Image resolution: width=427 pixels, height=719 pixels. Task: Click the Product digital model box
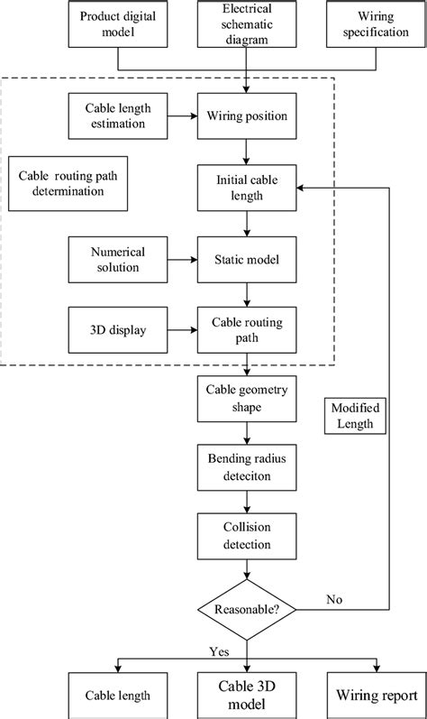pyautogui.click(x=118, y=24)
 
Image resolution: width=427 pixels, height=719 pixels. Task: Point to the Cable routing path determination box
pyautogui.click(x=68, y=185)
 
